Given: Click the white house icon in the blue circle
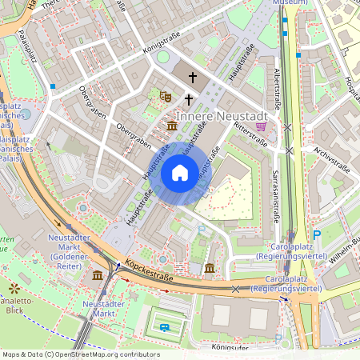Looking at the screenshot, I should (x=180, y=172).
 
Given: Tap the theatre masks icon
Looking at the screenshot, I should (x=166, y=96).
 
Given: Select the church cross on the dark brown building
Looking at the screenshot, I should (x=192, y=77).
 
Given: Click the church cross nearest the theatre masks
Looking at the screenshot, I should (x=189, y=99).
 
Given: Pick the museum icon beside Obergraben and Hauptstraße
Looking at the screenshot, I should (x=172, y=126).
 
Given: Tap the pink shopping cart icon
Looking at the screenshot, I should (x=261, y=126).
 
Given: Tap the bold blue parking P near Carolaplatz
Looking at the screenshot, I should (x=317, y=234).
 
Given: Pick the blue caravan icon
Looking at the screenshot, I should (x=165, y=326).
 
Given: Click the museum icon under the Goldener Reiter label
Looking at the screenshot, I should (x=98, y=274).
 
